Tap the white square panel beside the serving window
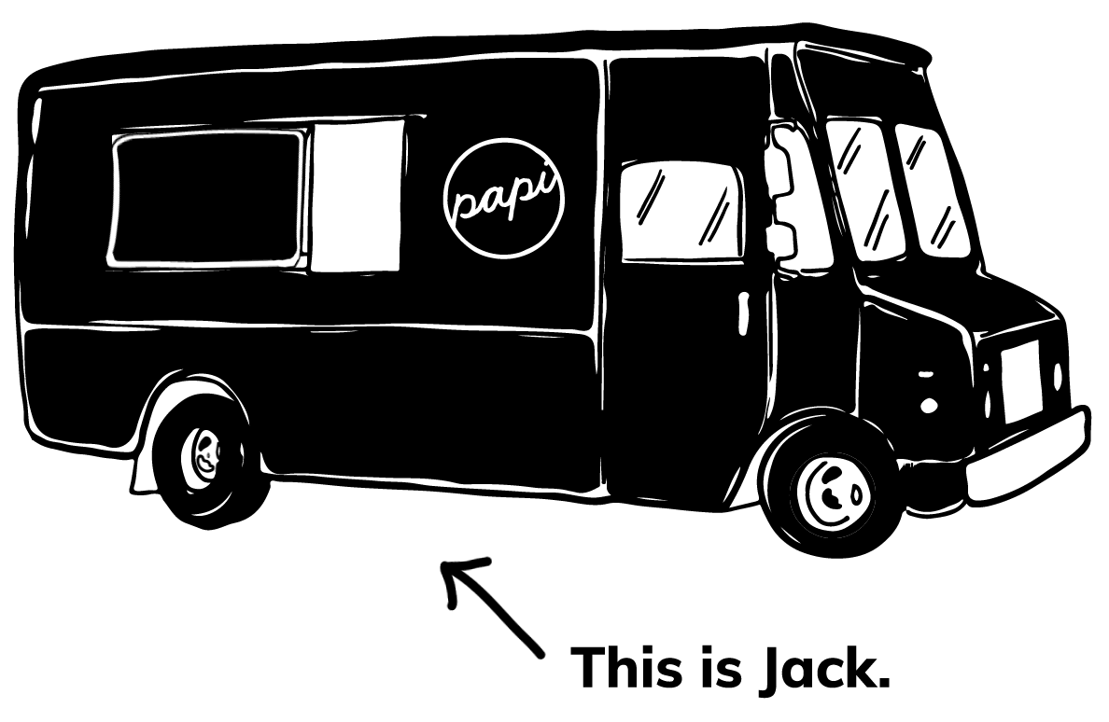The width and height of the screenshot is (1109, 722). click(357, 196)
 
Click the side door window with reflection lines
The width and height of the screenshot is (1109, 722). click(681, 209)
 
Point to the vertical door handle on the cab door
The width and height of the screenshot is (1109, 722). click(743, 312)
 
